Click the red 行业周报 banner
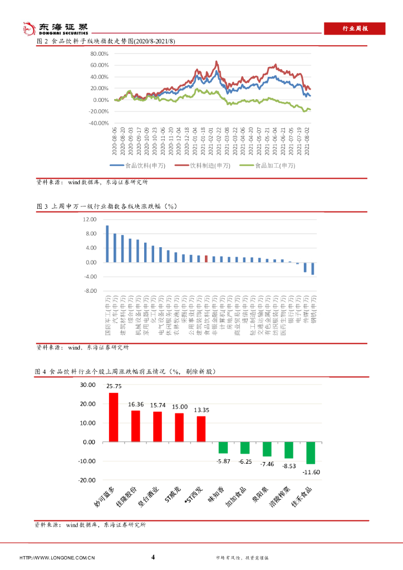tap(354, 28)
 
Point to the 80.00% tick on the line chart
tap(98, 54)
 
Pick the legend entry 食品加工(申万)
tap(268, 165)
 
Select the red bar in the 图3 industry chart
tap(206, 259)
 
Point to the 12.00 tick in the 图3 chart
tap(90, 220)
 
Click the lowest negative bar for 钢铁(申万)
tap(313, 268)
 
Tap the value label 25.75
tap(114, 386)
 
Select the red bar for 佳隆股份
tap(135, 426)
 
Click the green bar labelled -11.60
tap(311, 453)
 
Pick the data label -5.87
tap(223, 461)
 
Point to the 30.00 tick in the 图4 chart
tap(87, 385)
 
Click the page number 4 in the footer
tap(153, 557)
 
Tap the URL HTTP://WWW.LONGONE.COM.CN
tap(57, 558)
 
